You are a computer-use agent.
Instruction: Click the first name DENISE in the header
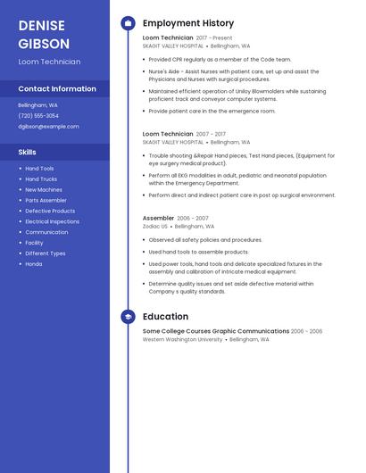[40, 25]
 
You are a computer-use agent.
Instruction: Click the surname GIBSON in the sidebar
[44, 43]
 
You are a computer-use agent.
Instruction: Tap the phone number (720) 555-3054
[38, 116]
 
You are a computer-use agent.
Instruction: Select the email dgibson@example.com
[48, 127]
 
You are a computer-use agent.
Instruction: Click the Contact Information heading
[57, 89]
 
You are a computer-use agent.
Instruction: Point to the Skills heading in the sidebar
[27, 152]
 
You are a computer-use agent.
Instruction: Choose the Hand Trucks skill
[41, 179]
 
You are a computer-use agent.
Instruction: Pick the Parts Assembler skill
[46, 201]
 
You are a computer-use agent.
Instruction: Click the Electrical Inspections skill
[52, 221]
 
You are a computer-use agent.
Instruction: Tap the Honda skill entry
[33, 264]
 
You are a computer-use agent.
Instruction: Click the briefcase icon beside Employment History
[128, 23]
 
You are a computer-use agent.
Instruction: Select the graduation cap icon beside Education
[128, 317]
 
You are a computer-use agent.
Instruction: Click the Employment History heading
[188, 23]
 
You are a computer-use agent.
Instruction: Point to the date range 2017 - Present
[214, 38]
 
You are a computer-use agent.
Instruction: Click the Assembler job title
[158, 218]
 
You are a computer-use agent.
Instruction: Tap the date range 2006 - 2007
[193, 219]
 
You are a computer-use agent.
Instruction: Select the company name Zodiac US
[154, 227]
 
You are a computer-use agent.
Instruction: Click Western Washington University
[182, 340]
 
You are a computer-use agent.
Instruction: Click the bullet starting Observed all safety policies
[205, 240]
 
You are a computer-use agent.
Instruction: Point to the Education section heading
[165, 317]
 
